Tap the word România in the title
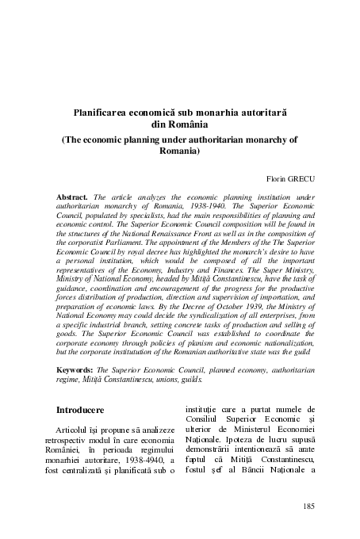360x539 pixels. [186, 125]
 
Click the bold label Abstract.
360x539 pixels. [73, 194]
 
